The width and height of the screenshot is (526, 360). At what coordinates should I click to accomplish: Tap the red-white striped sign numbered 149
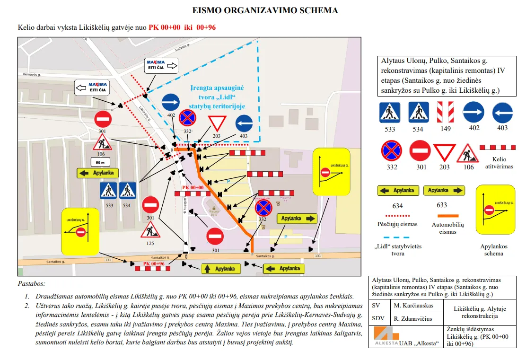(x=445, y=112)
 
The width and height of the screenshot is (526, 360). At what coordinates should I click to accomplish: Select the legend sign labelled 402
(x=473, y=112)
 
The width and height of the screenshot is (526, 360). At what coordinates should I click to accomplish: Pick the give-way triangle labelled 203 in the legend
(x=444, y=152)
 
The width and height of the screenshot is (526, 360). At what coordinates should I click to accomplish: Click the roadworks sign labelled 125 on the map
(x=150, y=230)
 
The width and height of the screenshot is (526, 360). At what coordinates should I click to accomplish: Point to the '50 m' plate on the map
(x=100, y=162)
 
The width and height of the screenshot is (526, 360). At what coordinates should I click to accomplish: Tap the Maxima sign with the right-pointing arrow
(x=161, y=65)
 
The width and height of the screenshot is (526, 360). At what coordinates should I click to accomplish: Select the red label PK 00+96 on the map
(x=154, y=263)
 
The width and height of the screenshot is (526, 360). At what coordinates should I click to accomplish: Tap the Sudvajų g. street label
(x=183, y=48)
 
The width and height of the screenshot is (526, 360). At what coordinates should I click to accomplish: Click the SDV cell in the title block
(x=378, y=318)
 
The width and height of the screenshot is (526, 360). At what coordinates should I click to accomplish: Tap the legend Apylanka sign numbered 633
(x=444, y=191)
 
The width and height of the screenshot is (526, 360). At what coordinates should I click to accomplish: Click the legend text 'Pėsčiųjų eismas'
(x=398, y=224)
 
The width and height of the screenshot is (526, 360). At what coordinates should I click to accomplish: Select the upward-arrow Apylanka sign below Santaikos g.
(x=220, y=269)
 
